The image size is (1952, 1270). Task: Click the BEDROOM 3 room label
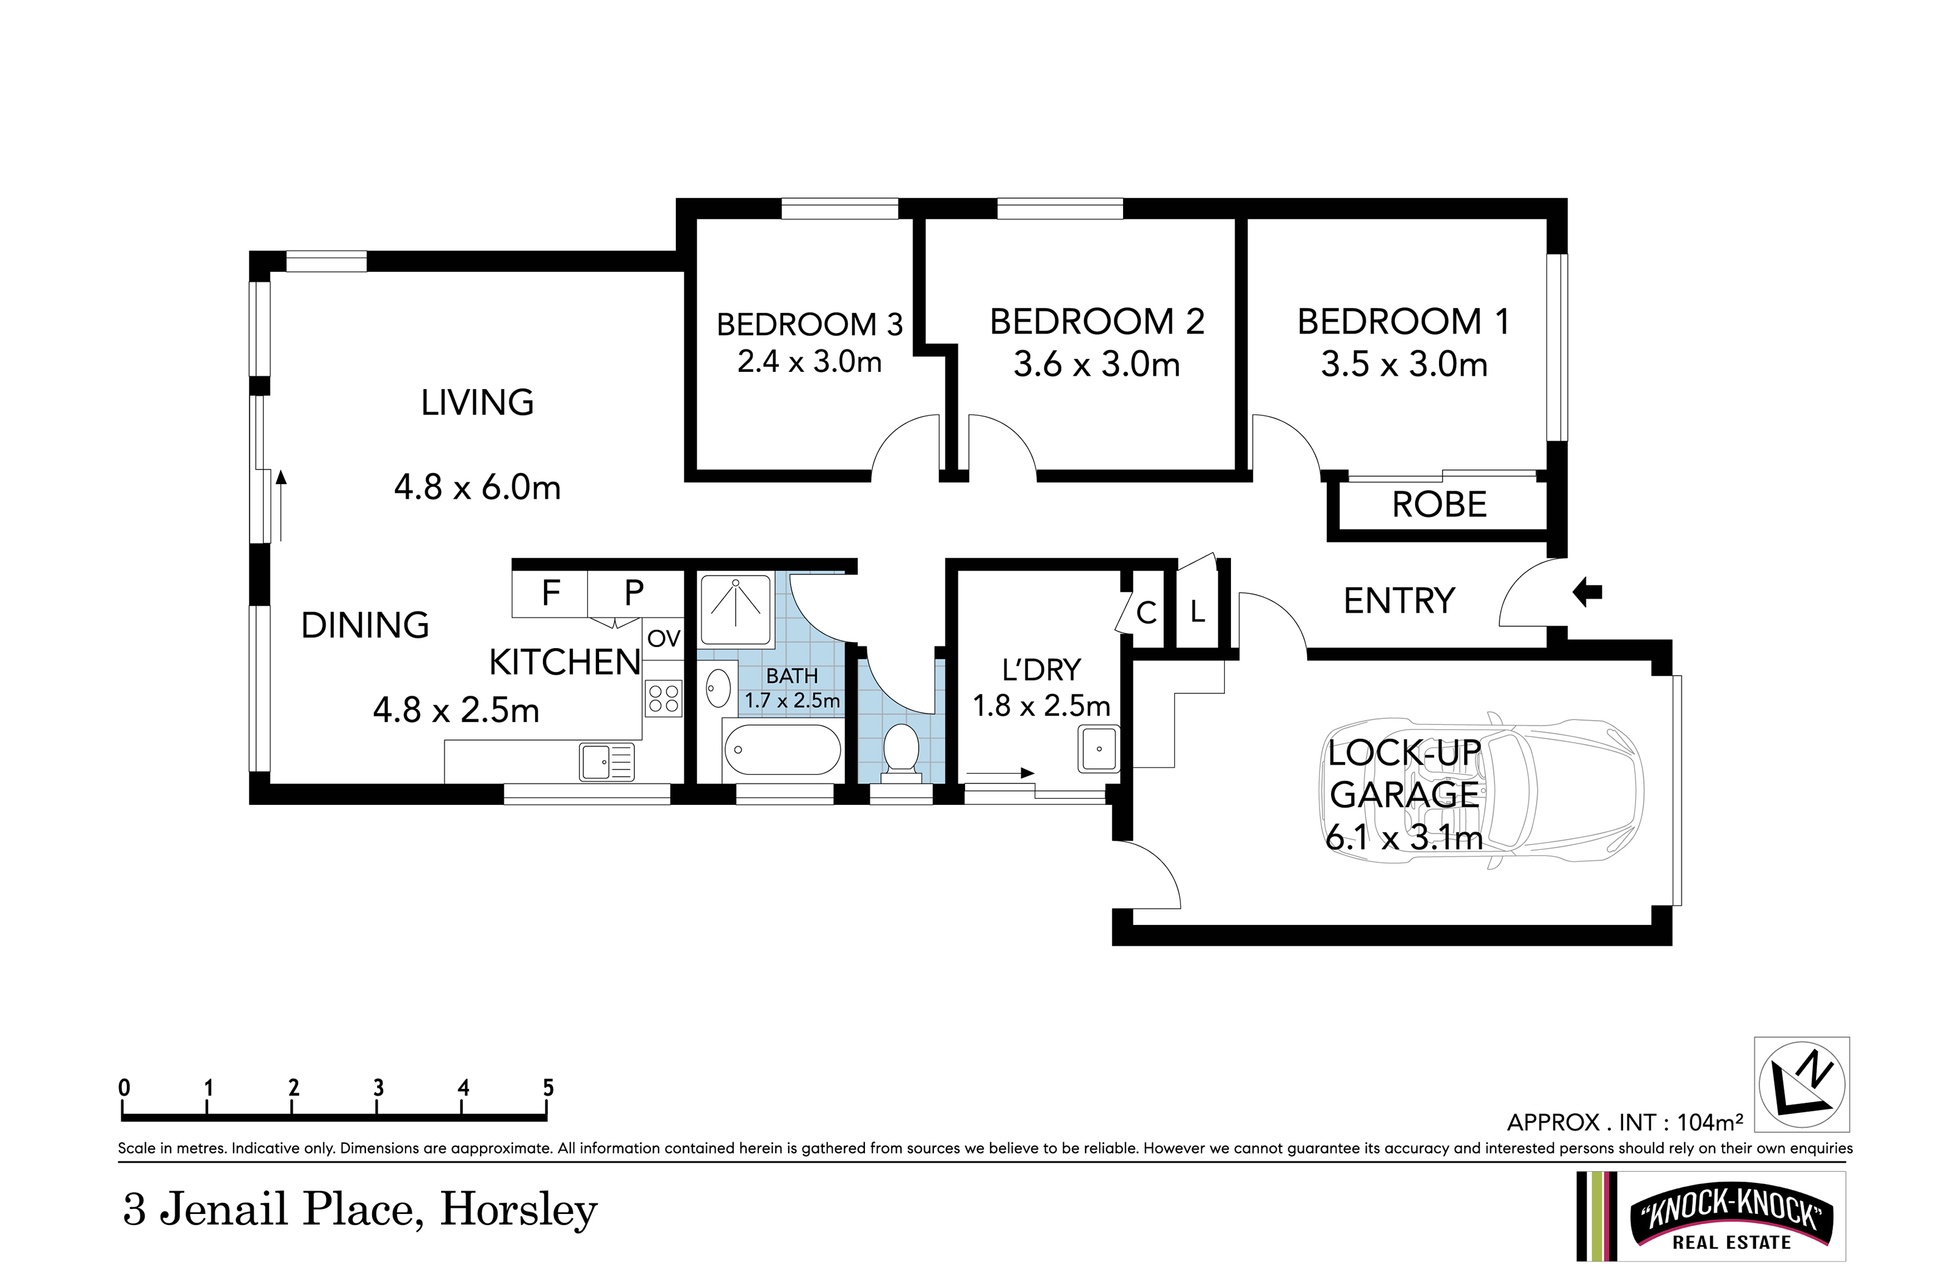[x=809, y=325]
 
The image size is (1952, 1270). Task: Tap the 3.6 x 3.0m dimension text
[x=1097, y=364]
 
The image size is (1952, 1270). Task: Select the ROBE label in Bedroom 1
[x=1440, y=504]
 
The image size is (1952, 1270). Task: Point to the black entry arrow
[x=1587, y=592]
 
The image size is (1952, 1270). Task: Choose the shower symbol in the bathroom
[x=736, y=609]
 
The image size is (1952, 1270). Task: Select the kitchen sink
[x=607, y=762]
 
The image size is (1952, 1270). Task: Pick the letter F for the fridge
[x=551, y=592]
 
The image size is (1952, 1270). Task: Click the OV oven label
[x=664, y=638]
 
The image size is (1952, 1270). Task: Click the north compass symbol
[x=1802, y=1084]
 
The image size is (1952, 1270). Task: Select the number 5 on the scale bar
[x=548, y=1088]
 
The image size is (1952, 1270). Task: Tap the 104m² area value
[x=1710, y=1122]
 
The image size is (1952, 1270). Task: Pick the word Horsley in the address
[x=519, y=1211]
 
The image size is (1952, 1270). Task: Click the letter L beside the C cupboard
[x=1197, y=612]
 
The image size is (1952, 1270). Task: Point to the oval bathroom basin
[x=719, y=687]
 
